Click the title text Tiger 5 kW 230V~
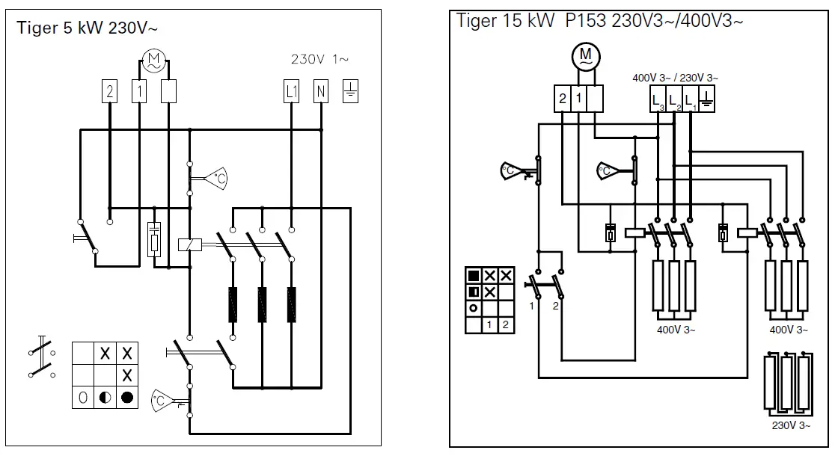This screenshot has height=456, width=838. (88, 29)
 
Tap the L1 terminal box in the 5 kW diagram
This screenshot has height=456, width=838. (292, 91)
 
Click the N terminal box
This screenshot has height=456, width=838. (321, 91)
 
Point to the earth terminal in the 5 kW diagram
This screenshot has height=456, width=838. (350, 91)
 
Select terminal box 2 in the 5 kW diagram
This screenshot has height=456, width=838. (110, 91)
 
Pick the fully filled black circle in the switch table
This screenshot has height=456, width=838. (127, 397)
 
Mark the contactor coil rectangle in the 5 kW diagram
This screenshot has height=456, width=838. (186, 243)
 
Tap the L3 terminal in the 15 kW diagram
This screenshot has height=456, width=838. (657, 99)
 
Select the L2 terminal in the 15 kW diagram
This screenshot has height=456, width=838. (673, 99)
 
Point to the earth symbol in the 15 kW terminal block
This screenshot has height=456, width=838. (706, 99)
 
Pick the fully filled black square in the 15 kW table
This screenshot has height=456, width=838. (473, 275)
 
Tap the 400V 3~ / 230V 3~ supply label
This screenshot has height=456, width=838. (675, 78)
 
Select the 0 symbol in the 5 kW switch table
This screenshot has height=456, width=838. (83, 397)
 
